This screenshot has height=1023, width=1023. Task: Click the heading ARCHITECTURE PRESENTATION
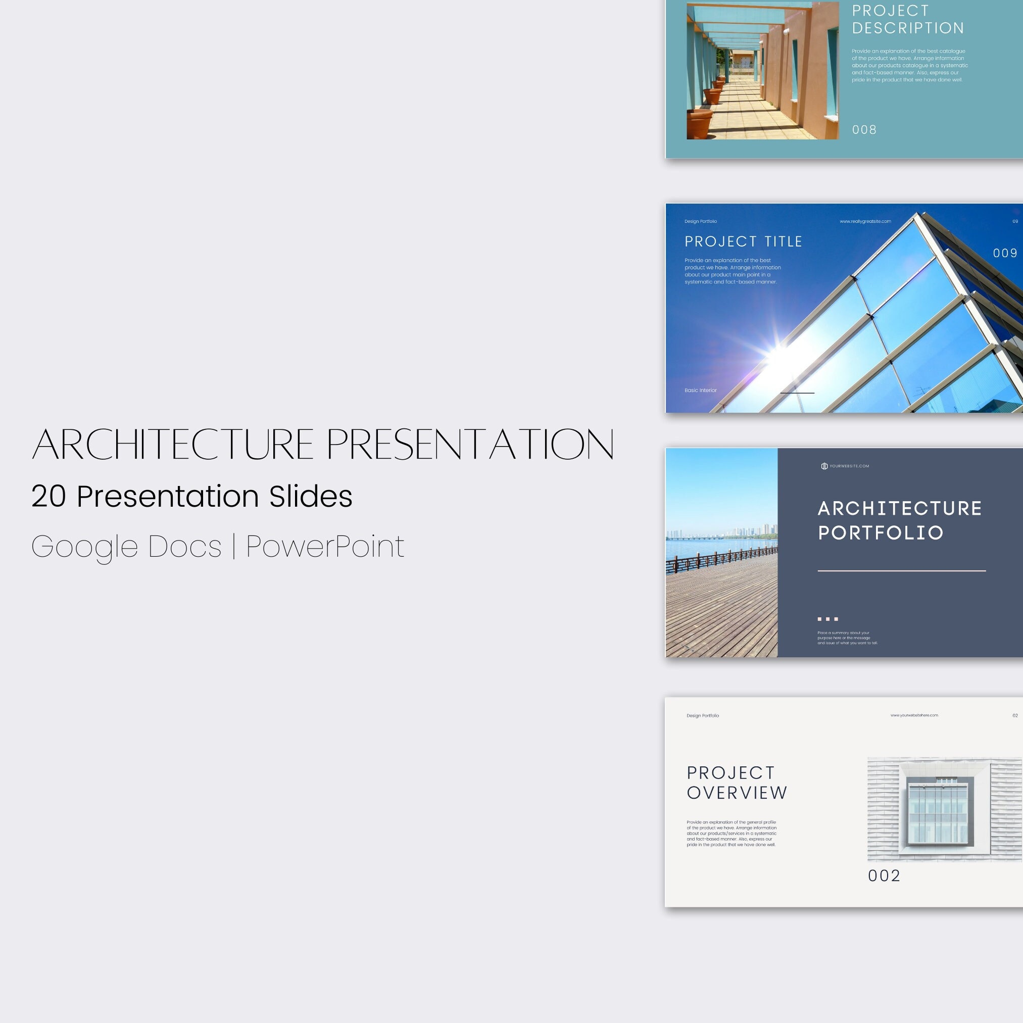pyautogui.click(x=323, y=444)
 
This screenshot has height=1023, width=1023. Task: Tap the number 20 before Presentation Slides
pyautogui.click(x=48, y=497)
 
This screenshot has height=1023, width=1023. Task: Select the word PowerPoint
pyautogui.click(x=325, y=547)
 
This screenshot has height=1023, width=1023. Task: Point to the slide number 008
pyautogui.click(x=864, y=130)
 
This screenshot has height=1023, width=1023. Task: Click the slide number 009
pyautogui.click(x=1004, y=253)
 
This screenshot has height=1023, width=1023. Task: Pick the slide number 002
pyautogui.click(x=884, y=876)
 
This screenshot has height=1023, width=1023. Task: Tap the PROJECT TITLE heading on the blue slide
pyautogui.click(x=743, y=241)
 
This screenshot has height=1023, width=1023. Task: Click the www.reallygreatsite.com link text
pyautogui.click(x=865, y=221)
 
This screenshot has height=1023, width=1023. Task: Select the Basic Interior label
pyautogui.click(x=700, y=390)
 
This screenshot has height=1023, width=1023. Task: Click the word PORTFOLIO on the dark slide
pyautogui.click(x=881, y=532)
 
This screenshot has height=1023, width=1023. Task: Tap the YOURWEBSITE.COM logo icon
pyautogui.click(x=824, y=466)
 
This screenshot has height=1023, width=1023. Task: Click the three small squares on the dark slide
pyautogui.click(x=827, y=618)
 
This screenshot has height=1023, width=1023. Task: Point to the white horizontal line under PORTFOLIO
pyautogui.click(x=901, y=571)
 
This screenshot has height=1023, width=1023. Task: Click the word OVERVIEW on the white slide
pyautogui.click(x=737, y=793)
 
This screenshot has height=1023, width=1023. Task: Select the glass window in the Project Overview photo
pyautogui.click(x=938, y=810)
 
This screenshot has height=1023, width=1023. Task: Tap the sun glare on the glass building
pyautogui.click(x=777, y=352)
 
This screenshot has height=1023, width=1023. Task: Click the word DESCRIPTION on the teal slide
pyautogui.click(x=908, y=28)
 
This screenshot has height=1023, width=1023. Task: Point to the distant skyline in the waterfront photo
pyautogui.click(x=752, y=530)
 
